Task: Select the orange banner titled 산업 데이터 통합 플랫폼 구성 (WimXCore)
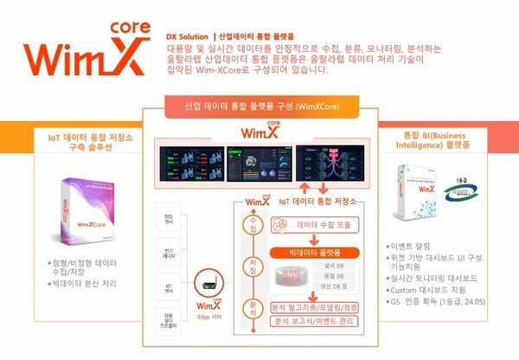pyautogui.click(x=259, y=105)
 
